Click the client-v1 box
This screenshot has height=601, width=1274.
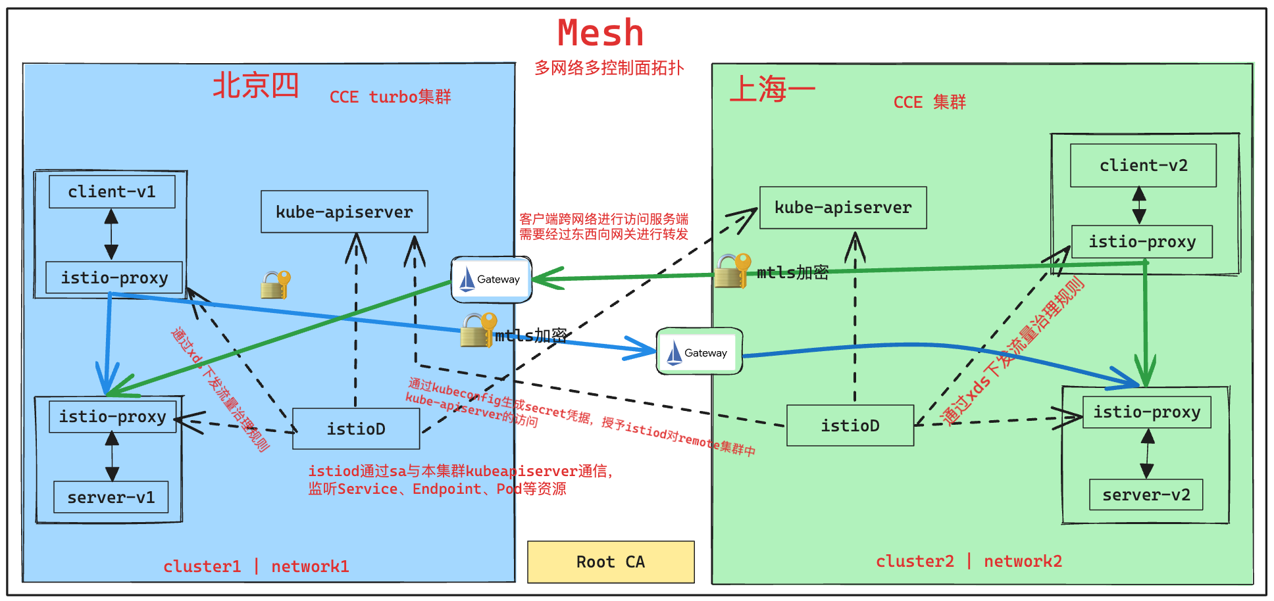click(x=112, y=191)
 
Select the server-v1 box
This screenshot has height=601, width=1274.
click(x=111, y=497)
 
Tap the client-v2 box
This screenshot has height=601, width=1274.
click(x=1143, y=165)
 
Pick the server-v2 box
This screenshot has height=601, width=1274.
click(x=1146, y=494)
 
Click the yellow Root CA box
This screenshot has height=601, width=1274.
click(x=611, y=562)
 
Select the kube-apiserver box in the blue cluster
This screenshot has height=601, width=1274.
click(x=344, y=212)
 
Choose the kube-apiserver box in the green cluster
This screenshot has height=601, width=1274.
click(x=843, y=208)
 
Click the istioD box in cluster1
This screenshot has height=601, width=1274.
click(x=356, y=429)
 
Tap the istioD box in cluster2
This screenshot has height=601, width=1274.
click(x=850, y=425)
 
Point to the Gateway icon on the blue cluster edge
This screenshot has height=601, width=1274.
click(x=491, y=279)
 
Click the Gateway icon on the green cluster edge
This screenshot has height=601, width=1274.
click(x=700, y=352)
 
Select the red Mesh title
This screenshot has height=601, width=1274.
click(x=600, y=33)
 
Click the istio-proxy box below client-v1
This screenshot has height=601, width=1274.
click(x=114, y=277)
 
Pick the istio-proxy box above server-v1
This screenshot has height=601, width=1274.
click(x=113, y=416)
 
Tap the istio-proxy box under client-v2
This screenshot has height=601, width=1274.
click(x=1142, y=241)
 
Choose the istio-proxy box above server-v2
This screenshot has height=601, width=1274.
click(x=1146, y=412)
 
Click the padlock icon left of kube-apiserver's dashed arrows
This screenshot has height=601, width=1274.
click(x=275, y=285)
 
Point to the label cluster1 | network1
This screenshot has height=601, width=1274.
click(x=256, y=566)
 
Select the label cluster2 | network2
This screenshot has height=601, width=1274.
click(x=969, y=561)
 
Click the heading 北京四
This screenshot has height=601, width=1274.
click(x=255, y=85)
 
